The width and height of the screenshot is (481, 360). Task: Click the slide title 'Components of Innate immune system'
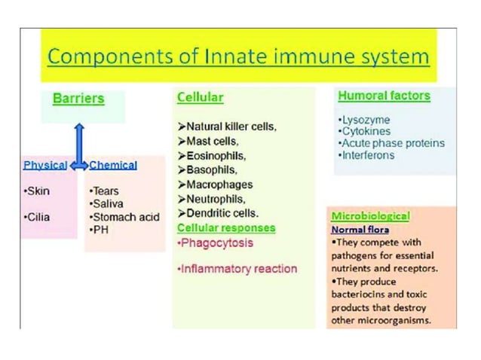point(239,56)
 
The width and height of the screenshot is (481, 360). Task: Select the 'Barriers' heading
point(78,99)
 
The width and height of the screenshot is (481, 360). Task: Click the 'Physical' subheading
point(44,165)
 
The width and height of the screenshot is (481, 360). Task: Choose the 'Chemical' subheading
point(113,165)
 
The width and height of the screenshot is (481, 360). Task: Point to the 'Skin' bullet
point(37,191)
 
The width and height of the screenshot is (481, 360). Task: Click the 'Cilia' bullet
point(37,217)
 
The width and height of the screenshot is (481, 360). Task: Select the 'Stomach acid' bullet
point(124,217)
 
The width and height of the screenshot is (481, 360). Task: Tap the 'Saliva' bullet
point(109,204)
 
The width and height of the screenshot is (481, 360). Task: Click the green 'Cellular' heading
point(200,97)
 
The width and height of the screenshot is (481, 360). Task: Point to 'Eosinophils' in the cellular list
point(212,156)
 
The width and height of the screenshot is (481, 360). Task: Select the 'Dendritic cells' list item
point(219,213)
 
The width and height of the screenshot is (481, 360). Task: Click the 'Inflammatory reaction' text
point(237,268)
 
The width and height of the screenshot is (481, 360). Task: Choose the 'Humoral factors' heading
point(384,96)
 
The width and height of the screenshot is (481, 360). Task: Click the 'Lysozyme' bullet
point(364,120)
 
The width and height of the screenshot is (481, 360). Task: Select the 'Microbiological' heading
point(370,216)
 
